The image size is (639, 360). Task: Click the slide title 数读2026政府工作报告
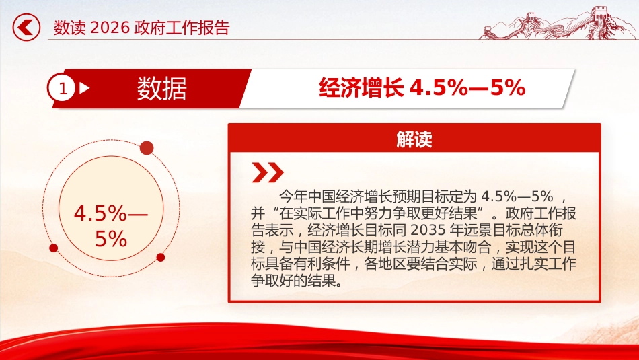click(x=142, y=28)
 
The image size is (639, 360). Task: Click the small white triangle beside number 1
click(x=85, y=88)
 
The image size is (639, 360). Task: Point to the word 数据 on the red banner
click(x=162, y=88)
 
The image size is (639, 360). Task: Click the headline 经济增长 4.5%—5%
click(x=422, y=88)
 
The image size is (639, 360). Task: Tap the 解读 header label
click(x=414, y=139)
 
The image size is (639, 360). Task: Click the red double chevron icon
click(x=267, y=174)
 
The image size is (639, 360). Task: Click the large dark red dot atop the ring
click(x=147, y=148)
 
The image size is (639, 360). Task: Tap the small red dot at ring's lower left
click(x=54, y=248)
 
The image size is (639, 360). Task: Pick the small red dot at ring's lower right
click(x=161, y=257)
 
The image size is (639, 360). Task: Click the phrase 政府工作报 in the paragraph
click(x=539, y=214)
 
